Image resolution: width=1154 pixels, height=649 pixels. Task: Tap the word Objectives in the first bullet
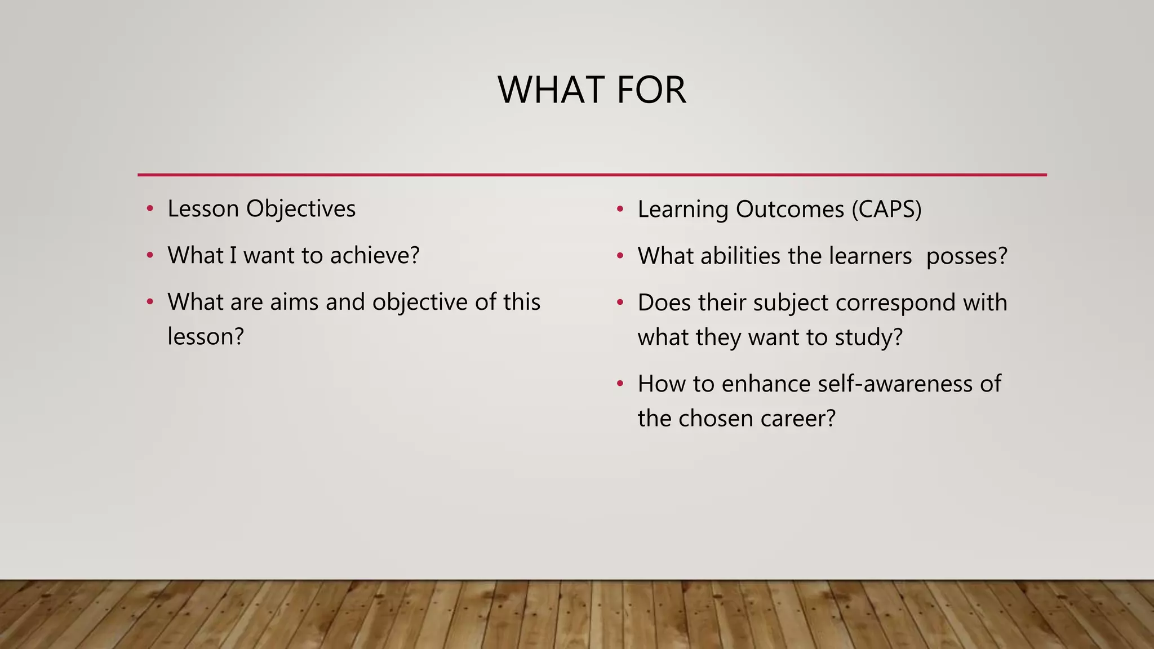pos(300,209)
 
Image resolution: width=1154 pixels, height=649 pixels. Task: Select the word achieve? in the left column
pos(375,256)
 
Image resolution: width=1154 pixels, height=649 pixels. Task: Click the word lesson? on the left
pos(206,337)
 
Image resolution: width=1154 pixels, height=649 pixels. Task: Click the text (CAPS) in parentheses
pos(886,210)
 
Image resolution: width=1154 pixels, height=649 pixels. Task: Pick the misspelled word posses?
pos(966,256)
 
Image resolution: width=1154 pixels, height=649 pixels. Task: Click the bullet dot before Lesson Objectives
pos(150,209)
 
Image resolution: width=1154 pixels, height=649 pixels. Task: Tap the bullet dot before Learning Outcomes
pos(620,210)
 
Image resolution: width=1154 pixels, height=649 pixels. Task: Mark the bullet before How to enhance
pos(620,384)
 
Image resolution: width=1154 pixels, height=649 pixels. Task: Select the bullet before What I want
pos(150,256)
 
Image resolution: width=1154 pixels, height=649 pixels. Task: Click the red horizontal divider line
pos(592,175)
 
